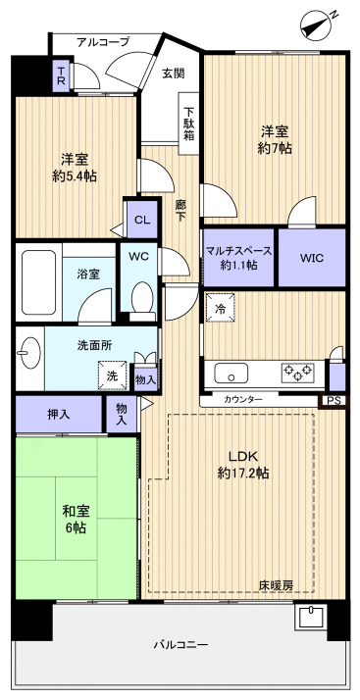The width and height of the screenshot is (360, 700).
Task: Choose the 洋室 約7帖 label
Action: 276,138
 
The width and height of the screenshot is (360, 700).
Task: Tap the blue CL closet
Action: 141,220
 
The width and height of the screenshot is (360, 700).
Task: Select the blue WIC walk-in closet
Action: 312,258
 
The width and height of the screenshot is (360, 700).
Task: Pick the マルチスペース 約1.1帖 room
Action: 239,258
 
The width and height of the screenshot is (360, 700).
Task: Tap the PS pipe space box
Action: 333,400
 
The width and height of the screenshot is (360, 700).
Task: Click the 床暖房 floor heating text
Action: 275,585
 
